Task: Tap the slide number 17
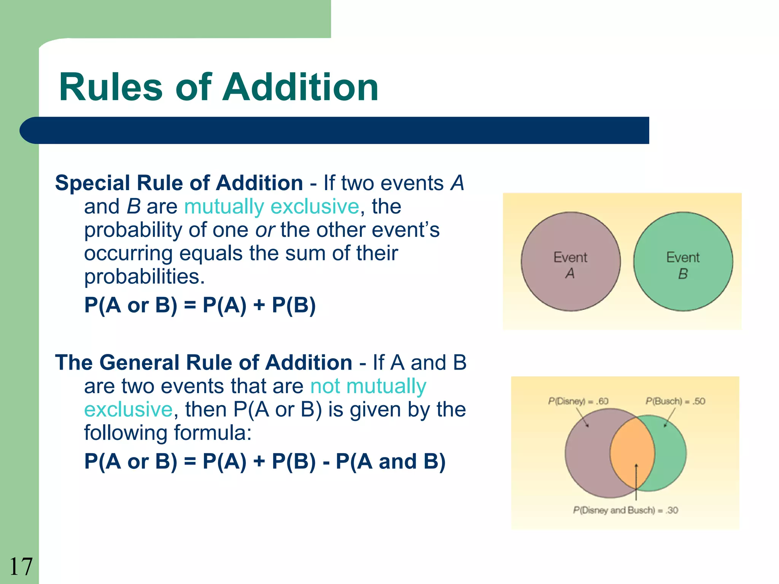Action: pyautogui.click(x=21, y=567)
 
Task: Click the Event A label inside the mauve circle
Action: pyautogui.click(x=570, y=265)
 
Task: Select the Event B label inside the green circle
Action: pyautogui.click(x=683, y=265)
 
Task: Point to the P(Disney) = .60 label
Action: pyautogui.click(x=578, y=401)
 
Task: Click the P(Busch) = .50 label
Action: pyautogui.click(x=675, y=401)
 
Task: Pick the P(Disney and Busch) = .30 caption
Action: pyautogui.click(x=625, y=510)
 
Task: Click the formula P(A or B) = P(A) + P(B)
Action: pyautogui.click(x=200, y=305)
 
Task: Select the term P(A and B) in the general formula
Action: pyautogui.click(x=391, y=462)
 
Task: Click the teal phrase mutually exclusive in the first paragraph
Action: pyautogui.click(x=272, y=207)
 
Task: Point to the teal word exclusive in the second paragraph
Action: pyautogui.click(x=128, y=410)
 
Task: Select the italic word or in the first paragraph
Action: pyautogui.click(x=265, y=230)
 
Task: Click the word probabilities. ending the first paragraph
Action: pyautogui.click(x=145, y=277)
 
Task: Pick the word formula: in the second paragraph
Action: pyautogui.click(x=213, y=433)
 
